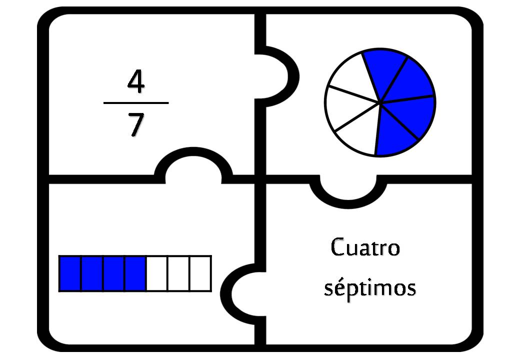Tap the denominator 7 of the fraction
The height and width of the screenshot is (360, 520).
point(136,124)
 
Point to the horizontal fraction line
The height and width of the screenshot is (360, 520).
point(136,103)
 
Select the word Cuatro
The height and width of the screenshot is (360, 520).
point(365,247)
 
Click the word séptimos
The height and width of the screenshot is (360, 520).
point(370,287)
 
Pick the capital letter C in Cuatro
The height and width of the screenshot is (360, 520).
point(338,247)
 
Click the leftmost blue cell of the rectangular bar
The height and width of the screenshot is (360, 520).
point(70,273)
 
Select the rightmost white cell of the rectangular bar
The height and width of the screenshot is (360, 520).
point(200,273)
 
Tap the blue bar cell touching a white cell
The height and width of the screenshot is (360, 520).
point(135,273)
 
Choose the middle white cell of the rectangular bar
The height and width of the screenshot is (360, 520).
point(179,273)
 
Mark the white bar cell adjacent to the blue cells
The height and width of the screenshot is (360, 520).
point(157,273)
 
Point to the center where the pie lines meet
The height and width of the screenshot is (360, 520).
point(380,102)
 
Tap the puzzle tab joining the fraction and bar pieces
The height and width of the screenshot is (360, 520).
point(193,163)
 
